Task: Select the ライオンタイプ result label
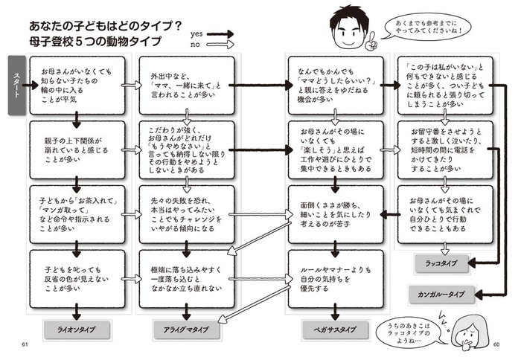pyautogui.click(x=75, y=328)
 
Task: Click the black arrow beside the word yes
pyautogui.click(x=221, y=33)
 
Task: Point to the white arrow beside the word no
pyautogui.click(x=221, y=44)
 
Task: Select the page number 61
pyautogui.click(x=25, y=344)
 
